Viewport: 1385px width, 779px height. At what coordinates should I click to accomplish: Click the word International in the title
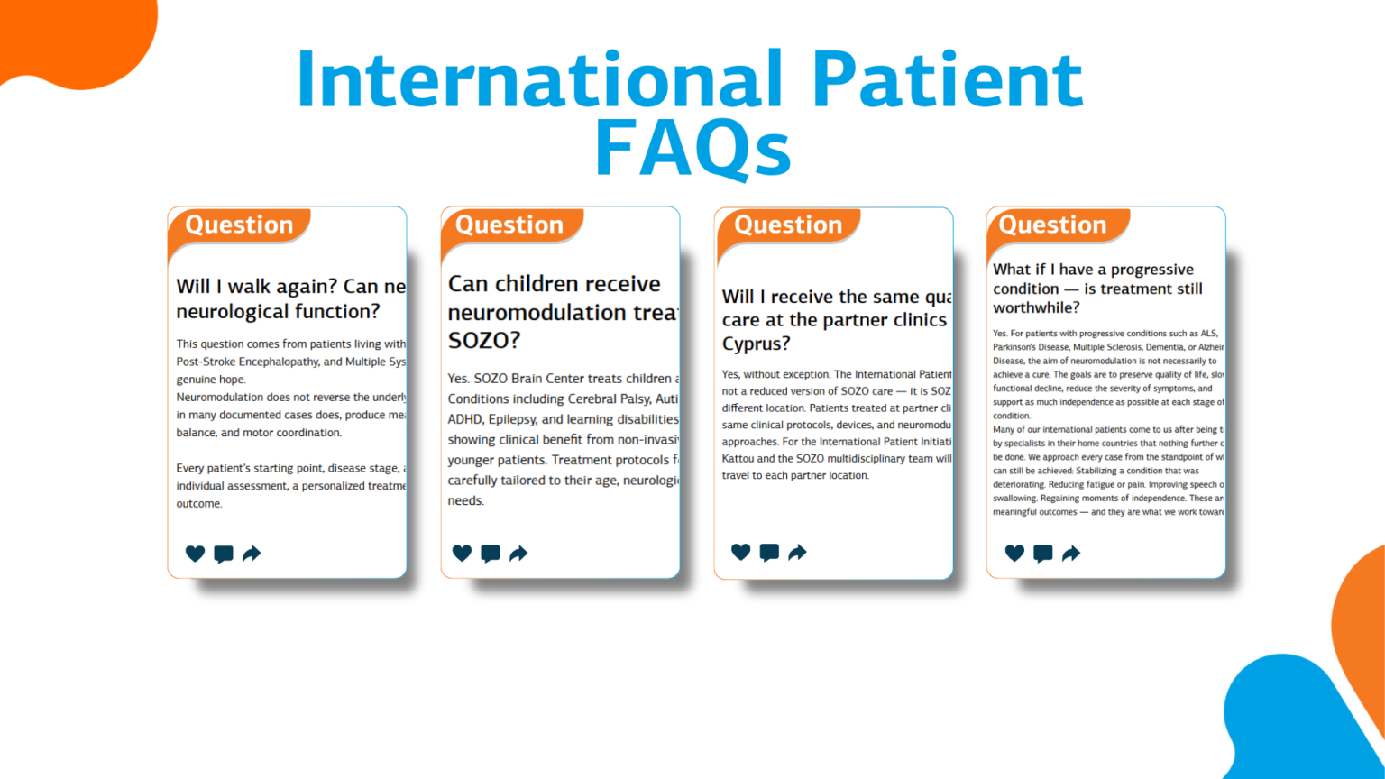coord(539,79)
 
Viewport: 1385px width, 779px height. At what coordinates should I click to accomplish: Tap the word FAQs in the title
coord(692,148)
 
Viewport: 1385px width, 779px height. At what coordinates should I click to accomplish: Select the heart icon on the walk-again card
coord(195,554)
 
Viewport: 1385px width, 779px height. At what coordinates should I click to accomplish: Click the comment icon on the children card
coord(490,554)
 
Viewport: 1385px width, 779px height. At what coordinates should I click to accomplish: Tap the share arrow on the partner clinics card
coord(797,553)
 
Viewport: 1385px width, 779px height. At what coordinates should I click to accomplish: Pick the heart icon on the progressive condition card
coord(1014,554)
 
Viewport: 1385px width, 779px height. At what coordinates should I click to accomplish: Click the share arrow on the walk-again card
coord(252,554)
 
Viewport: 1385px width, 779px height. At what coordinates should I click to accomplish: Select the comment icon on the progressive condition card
coord(1042,554)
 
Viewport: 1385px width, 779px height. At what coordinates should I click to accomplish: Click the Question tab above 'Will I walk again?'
coord(239,225)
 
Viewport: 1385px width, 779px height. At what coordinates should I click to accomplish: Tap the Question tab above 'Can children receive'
coord(509,225)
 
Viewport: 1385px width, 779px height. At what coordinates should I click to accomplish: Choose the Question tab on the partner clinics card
coord(788,225)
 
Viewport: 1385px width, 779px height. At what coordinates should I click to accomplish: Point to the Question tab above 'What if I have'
coord(1052,225)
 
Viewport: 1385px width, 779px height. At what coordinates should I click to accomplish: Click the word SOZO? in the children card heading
coord(484,341)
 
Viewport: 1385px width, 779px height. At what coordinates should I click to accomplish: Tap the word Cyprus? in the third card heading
coord(756,344)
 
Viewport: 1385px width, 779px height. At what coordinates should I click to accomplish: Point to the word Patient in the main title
coord(947,79)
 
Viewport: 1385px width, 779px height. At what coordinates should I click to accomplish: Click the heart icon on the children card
coord(462,554)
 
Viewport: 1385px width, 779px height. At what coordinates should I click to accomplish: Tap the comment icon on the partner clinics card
coord(769,553)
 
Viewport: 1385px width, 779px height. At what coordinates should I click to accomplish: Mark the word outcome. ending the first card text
coord(199,504)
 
